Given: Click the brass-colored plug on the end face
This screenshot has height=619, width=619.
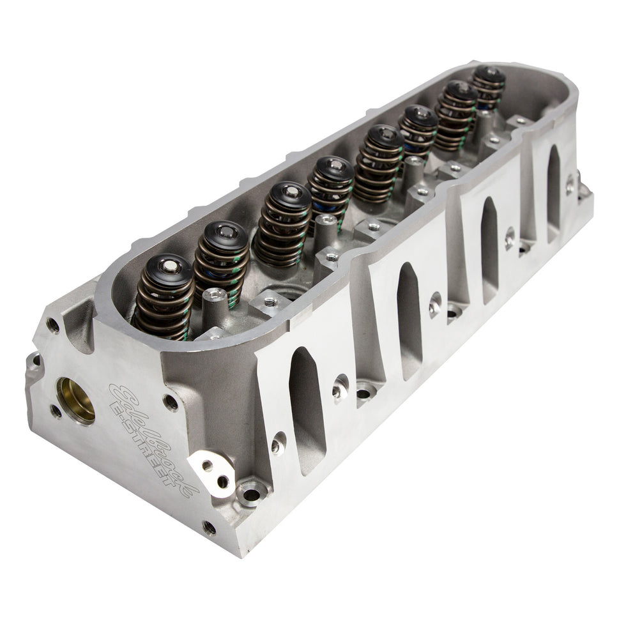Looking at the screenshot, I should tap(76, 400).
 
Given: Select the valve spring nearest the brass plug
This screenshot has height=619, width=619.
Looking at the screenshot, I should tap(164, 297).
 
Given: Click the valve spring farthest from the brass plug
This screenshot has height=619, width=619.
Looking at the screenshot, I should tap(489, 87).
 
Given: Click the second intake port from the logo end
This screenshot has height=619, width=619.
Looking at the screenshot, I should tap(409, 319).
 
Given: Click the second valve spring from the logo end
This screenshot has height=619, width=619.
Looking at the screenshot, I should tap(220, 262).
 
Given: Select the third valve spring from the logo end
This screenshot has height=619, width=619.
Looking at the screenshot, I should tap(282, 224).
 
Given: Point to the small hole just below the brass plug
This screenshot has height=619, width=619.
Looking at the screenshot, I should tap(56, 411).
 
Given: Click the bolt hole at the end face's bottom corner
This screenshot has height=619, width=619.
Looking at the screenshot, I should tap(209, 527).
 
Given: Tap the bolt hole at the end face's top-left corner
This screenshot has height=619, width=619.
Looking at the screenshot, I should tap(53, 326).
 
